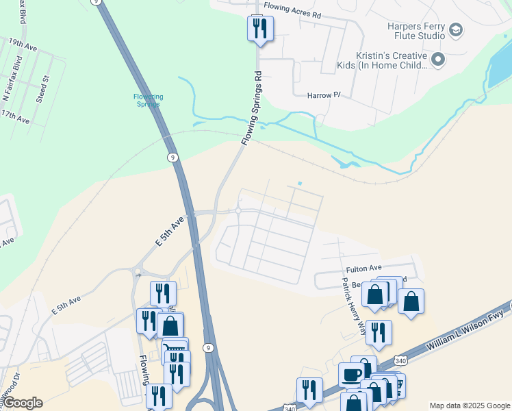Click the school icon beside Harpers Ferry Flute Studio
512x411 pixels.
[x=456, y=30]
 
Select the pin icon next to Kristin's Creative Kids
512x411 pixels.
[x=439, y=60]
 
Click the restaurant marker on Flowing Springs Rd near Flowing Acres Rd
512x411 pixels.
[x=260, y=28]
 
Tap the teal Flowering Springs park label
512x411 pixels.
[x=147, y=100]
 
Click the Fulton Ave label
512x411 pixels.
[x=363, y=268]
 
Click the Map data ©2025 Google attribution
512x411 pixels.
[x=470, y=406]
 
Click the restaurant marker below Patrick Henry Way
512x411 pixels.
[x=379, y=332]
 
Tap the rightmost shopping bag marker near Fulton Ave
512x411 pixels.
[x=411, y=301]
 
